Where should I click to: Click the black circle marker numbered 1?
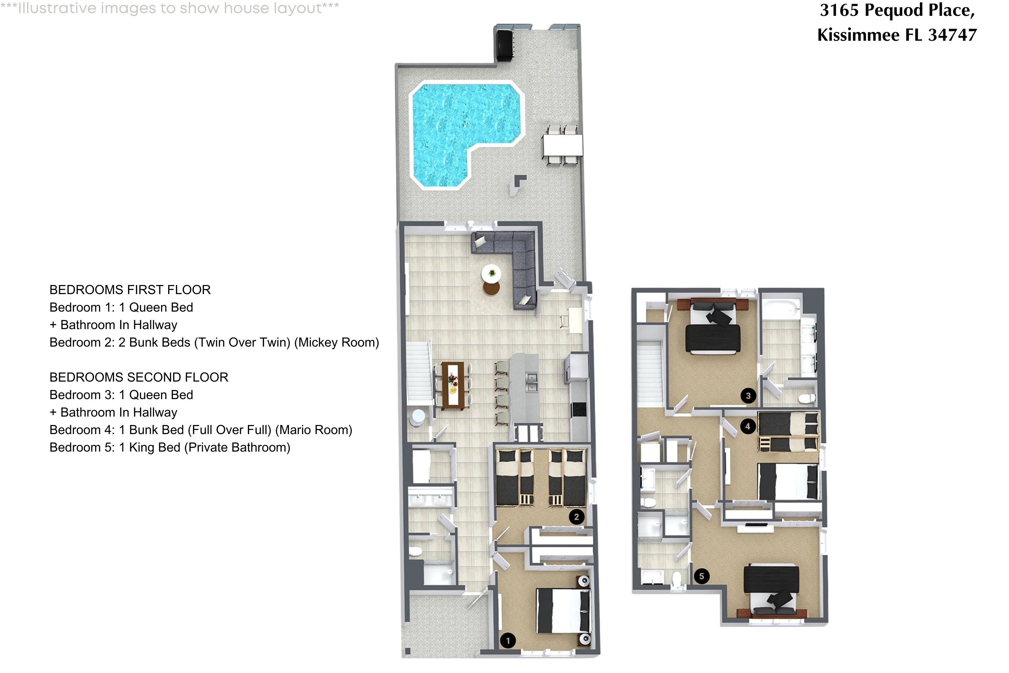pos(508,641)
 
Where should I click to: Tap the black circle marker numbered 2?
pos(576,517)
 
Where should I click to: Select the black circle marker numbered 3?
pos(748,396)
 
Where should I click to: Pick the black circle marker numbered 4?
pos(748,426)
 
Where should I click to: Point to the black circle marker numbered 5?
pos(701,576)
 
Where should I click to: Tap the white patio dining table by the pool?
pos(562,145)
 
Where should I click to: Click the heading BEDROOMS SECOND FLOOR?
pos(139,377)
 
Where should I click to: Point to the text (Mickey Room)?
pos(336,343)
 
